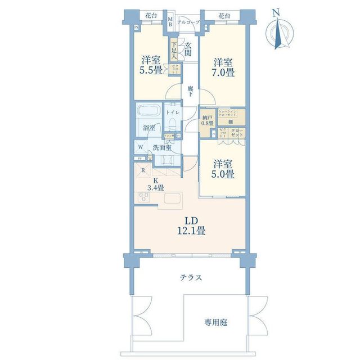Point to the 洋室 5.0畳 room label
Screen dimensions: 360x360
point(222,169)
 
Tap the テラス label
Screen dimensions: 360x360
point(191,278)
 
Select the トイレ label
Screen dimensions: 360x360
point(172,112)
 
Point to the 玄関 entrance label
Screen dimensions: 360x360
point(187,49)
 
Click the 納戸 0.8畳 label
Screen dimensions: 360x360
point(208,119)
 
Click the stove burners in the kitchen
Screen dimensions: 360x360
point(143,198)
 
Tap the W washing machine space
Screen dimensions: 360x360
point(140,148)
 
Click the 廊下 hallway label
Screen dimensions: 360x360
point(191,89)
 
